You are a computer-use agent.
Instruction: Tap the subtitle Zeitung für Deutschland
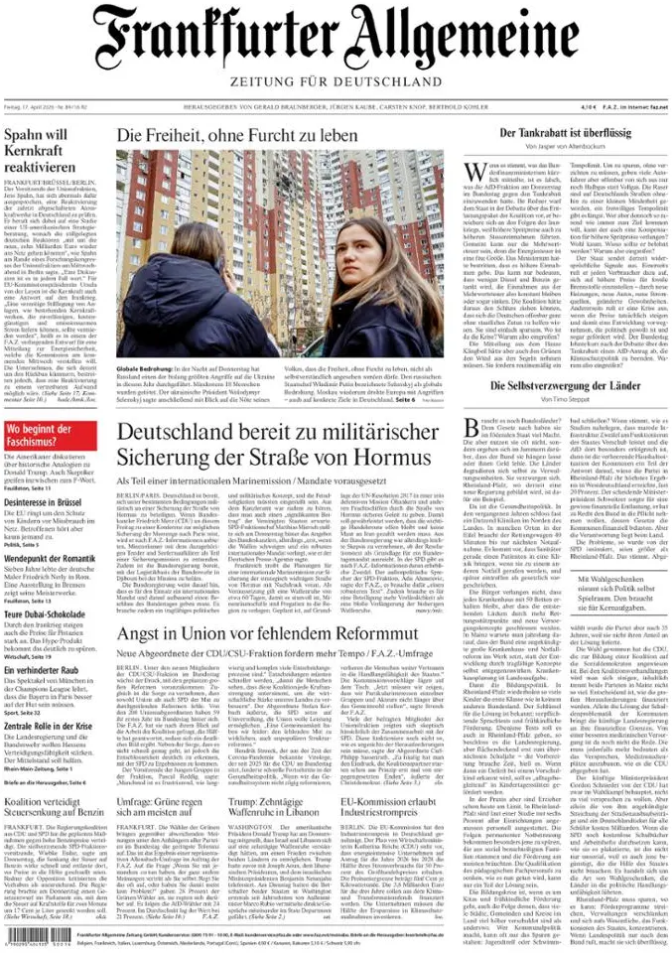tap(335, 80)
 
